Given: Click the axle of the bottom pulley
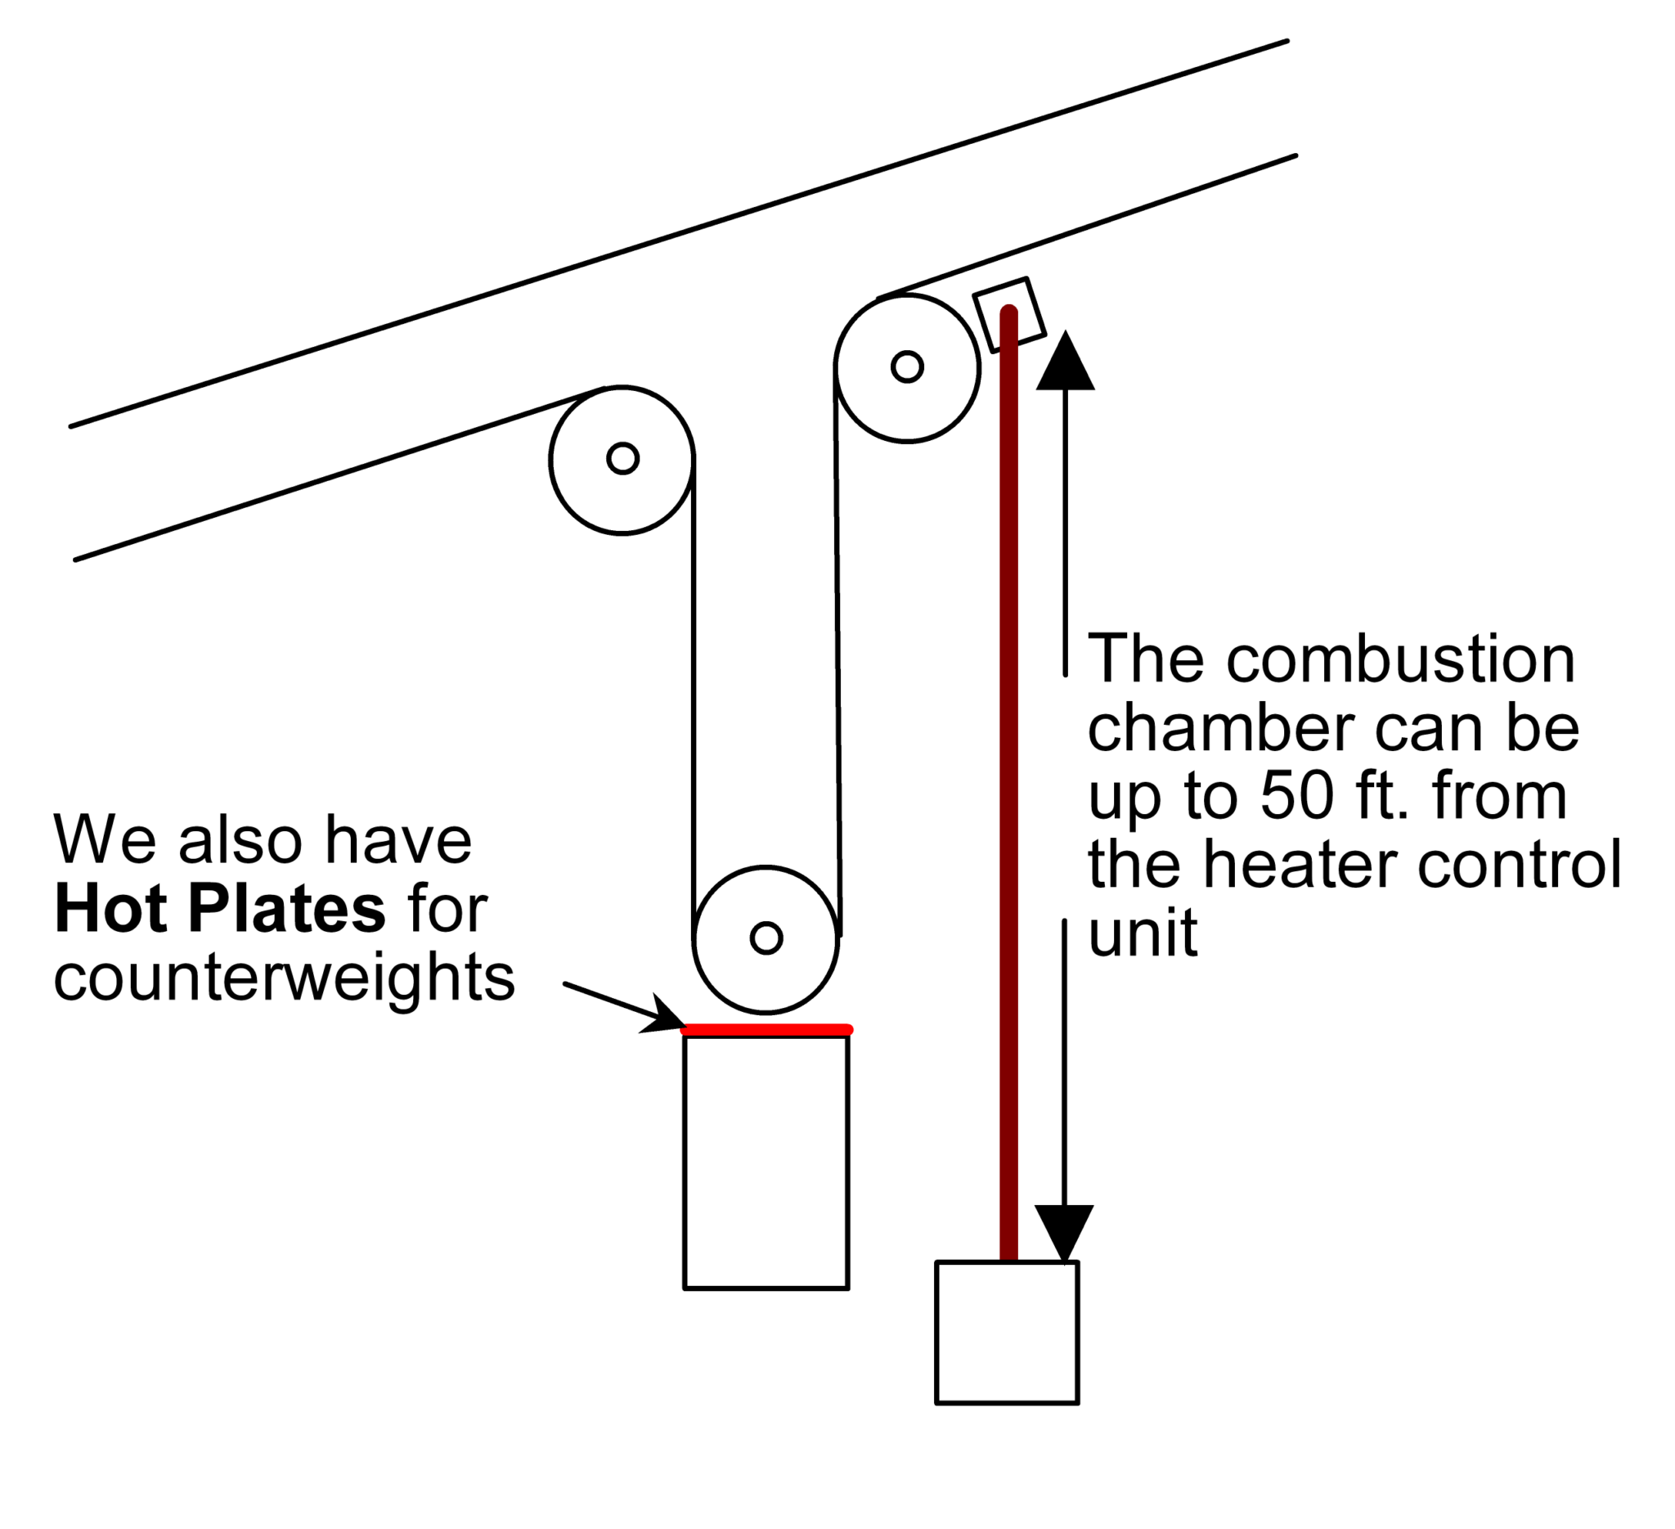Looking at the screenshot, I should [766, 938].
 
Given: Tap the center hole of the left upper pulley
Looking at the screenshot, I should [622, 458].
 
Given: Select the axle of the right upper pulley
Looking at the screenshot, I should [906, 366].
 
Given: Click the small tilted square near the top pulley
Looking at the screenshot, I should [1008, 314].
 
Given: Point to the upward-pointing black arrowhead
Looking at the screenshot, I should [1065, 362].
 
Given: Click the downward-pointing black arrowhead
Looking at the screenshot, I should [1064, 1231].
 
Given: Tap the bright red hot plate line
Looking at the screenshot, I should [766, 1031].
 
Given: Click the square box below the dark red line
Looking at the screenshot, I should [1007, 1333].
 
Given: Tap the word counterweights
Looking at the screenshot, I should [284, 978].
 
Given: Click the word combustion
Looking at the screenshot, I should [1400, 659].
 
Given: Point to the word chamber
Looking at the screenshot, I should [1221, 727].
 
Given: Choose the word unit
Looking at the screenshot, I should [1143, 933].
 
